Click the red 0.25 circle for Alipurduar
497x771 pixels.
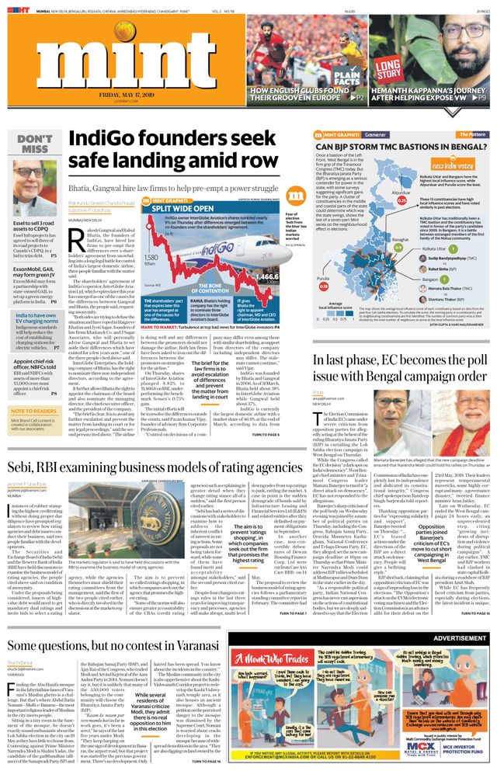pyautogui.click(x=402, y=200)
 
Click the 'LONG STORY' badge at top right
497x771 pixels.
pyautogui.click(x=387, y=68)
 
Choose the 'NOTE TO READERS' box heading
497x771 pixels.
pyautogui.click(x=33, y=412)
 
